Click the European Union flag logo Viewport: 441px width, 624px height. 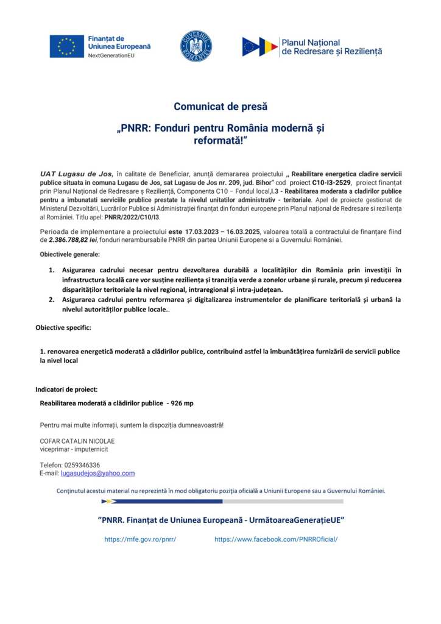coord(67,46)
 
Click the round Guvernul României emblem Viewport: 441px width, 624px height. coord(196,46)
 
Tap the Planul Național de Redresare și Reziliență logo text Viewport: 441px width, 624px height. coord(331,47)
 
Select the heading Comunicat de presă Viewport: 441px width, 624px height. coord(220,107)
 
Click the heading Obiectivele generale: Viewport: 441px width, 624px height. coord(71,253)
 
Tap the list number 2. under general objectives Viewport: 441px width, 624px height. coord(52,299)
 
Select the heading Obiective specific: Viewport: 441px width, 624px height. coord(63,328)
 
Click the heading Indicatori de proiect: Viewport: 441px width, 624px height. coord(66,389)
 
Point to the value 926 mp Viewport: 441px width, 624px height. coord(183,403)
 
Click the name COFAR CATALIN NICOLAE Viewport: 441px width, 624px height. coord(77,441)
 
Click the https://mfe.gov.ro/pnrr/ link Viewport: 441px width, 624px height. coord(140,539)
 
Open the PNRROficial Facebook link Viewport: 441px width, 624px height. coord(275,539)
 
